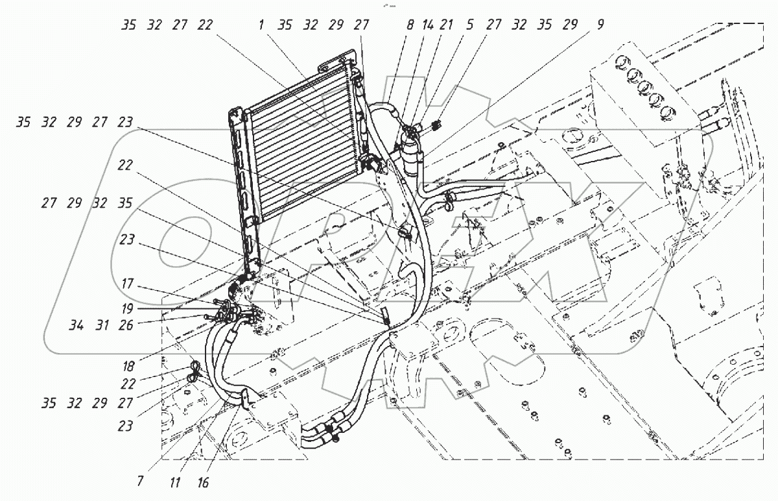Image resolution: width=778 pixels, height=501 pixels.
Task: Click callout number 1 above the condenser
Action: click(x=261, y=26)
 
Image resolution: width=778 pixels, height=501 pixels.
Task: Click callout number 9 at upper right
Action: click(x=600, y=26)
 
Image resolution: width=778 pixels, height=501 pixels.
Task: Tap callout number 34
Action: click(x=76, y=325)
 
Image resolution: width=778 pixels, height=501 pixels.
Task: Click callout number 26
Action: click(x=125, y=325)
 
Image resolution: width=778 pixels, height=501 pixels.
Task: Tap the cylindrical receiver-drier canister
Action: click(x=411, y=156)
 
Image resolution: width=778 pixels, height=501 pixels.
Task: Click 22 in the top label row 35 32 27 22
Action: click(x=206, y=26)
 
